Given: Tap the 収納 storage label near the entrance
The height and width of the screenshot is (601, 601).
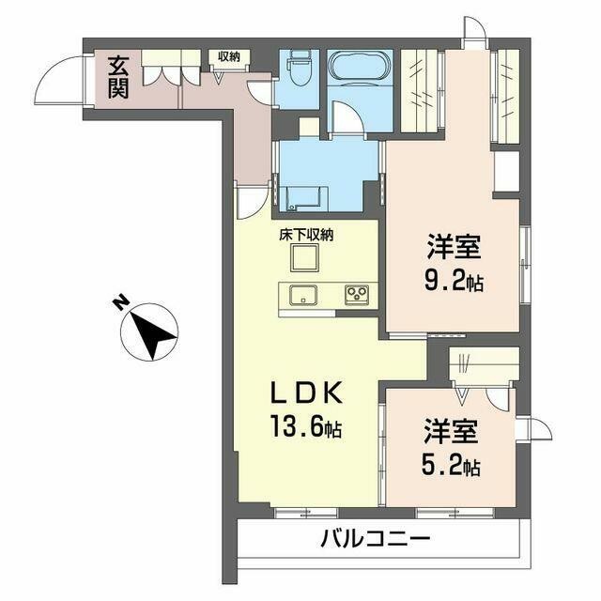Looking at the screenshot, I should coord(228,57).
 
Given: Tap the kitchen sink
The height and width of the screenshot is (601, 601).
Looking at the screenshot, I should coord(302,294).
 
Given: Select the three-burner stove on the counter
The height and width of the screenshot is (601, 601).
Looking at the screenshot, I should coord(356,294).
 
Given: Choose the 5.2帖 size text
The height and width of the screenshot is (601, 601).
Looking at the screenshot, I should coord(453,465).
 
